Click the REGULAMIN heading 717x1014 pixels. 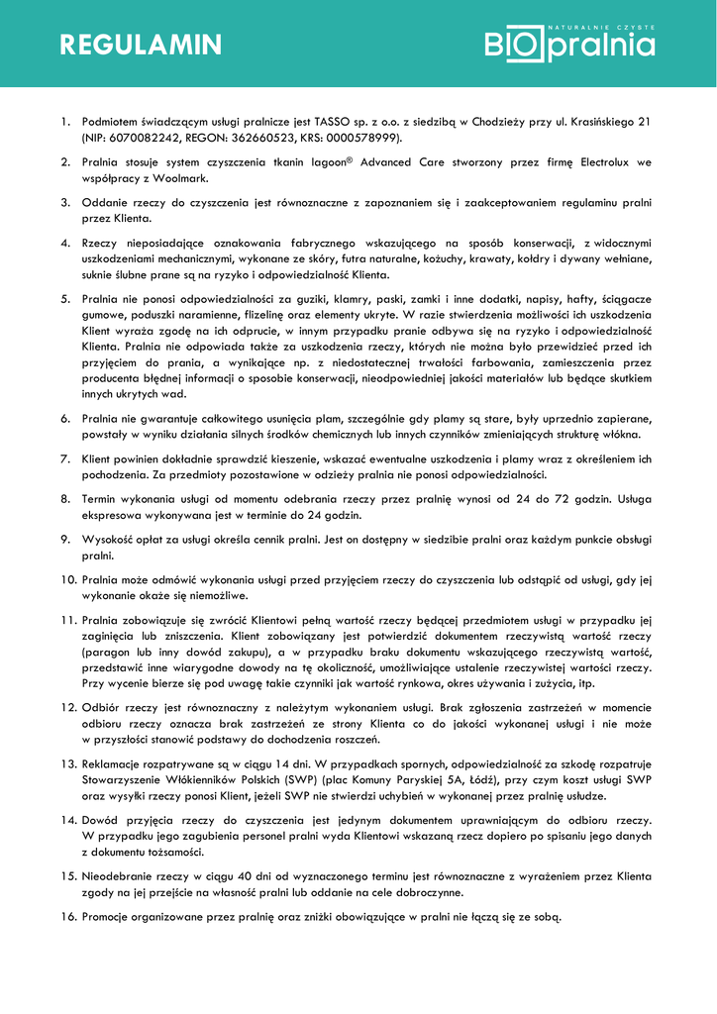141,45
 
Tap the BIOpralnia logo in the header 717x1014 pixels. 569,43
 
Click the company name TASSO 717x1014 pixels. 323,122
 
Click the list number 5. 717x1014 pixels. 65,299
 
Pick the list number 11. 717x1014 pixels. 68,621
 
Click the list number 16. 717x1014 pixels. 68,917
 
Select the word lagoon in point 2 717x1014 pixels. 334,161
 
